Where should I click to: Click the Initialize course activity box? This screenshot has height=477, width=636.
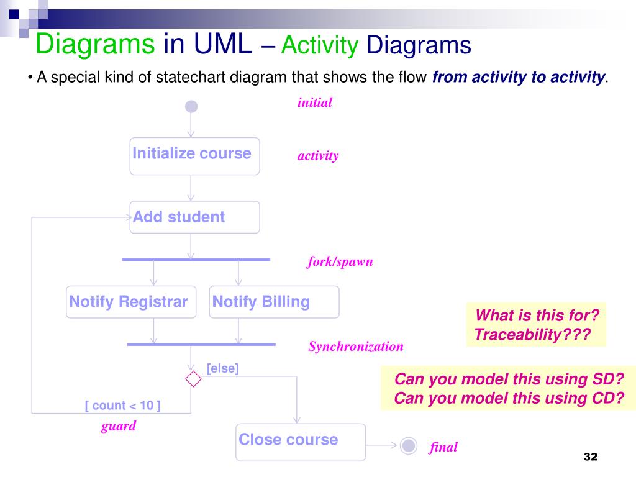click(x=194, y=156)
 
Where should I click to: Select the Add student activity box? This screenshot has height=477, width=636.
click(x=194, y=217)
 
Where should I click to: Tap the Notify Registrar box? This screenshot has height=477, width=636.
click(x=131, y=302)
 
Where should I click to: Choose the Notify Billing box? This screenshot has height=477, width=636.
click(x=274, y=302)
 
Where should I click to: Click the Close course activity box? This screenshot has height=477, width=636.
click(x=301, y=442)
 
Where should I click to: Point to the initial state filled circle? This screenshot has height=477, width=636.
click(x=191, y=107)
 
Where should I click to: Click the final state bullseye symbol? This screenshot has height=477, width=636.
click(x=408, y=445)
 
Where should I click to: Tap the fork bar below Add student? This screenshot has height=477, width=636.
click(x=196, y=259)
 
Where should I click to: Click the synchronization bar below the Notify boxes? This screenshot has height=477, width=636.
click(x=201, y=344)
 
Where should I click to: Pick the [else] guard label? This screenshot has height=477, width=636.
click(x=222, y=368)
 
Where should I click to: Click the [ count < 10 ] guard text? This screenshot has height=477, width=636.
click(x=123, y=406)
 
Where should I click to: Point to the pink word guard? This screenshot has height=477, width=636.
click(x=118, y=426)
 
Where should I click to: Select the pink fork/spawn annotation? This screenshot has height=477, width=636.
click(x=340, y=261)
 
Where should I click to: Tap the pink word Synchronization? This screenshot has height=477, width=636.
click(x=356, y=347)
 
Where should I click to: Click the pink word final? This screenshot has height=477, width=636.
click(x=443, y=447)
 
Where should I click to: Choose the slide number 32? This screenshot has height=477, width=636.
click(x=590, y=457)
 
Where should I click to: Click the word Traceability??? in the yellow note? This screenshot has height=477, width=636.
click(x=531, y=335)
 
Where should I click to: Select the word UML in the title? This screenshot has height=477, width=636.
click(x=223, y=45)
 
